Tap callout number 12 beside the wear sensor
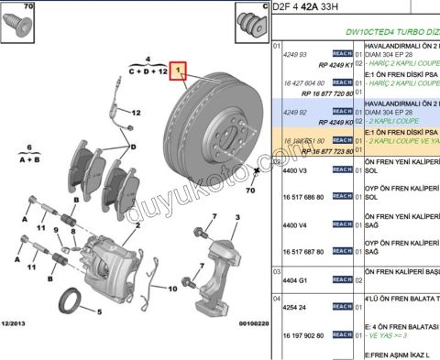(136, 114)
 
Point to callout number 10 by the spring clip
(171, 289)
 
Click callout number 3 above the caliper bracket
(237, 217)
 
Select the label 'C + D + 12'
(147, 70)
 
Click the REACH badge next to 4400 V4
(343, 224)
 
